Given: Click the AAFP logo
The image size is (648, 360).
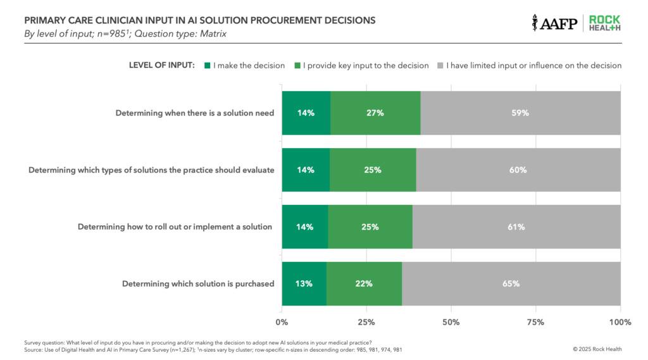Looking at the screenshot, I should [555, 23].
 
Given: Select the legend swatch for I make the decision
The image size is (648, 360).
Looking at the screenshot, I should [206, 65].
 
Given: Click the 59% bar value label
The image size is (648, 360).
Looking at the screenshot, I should [520, 113].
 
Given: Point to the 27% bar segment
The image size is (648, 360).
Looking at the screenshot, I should [375, 113].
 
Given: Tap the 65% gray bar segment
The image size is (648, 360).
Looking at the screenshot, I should [511, 283].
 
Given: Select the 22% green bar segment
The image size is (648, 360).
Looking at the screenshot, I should [364, 283].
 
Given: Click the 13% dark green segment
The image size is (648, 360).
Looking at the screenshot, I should [304, 283].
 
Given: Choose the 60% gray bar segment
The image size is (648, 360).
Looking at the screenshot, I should [518, 170].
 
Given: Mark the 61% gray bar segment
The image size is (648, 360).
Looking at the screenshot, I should [516, 227].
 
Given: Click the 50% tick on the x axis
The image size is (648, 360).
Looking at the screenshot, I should [451, 322].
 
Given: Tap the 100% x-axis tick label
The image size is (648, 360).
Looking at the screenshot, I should [620, 322].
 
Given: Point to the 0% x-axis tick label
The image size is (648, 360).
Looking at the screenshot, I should [282, 322].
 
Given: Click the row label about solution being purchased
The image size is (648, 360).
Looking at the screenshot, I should [198, 283].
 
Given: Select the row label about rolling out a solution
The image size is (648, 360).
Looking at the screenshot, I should [175, 227].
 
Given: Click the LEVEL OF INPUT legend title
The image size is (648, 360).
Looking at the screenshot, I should [161, 65].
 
